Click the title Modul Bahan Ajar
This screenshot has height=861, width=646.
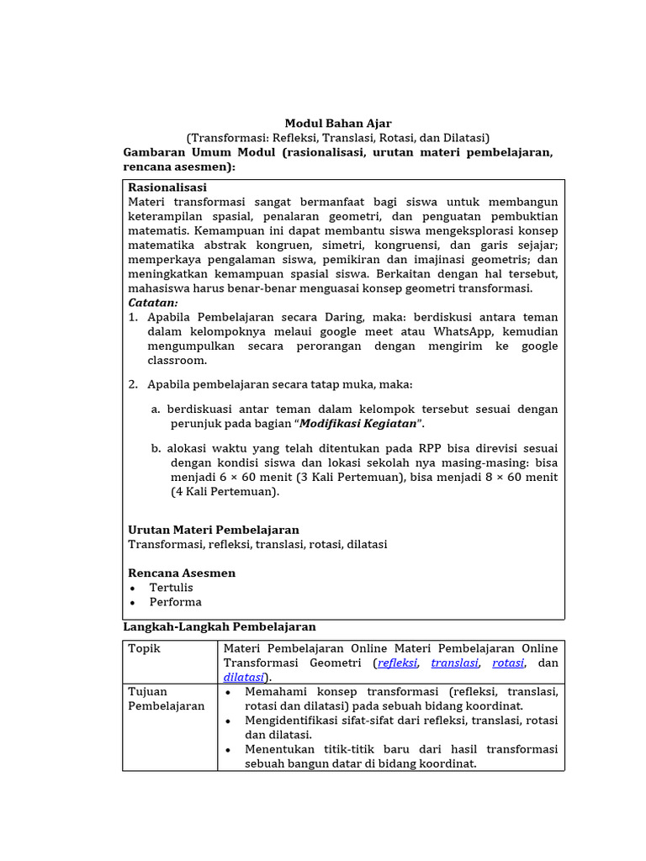coord(337,124)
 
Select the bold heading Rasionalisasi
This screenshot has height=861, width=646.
coord(167,188)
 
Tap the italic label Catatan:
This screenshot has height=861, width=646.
coord(153,303)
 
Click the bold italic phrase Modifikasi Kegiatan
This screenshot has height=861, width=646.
coord(358,423)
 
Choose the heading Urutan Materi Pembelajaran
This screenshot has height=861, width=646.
coord(214,530)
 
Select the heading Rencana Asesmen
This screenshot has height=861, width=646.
coord(182,573)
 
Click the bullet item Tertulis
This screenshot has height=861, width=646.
coord(171,588)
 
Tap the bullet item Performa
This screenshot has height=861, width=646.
coord(175,602)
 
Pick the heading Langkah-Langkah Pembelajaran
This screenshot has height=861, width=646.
coord(220,626)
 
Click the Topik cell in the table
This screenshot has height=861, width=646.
coord(144,648)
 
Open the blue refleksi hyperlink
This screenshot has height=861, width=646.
coord(397,663)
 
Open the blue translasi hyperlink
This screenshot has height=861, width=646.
coord(454,663)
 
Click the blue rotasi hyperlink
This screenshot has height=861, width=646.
coord(508,663)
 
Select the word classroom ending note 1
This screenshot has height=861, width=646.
coord(177,360)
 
